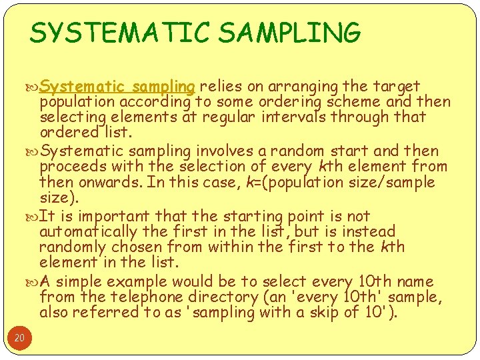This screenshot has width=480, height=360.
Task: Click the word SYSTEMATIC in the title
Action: (x=118, y=32)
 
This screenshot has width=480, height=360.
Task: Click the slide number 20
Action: (x=19, y=338)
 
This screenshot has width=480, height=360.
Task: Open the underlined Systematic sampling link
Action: (x=117, y=86)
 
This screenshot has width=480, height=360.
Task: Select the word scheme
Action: (x=366, y=102)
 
